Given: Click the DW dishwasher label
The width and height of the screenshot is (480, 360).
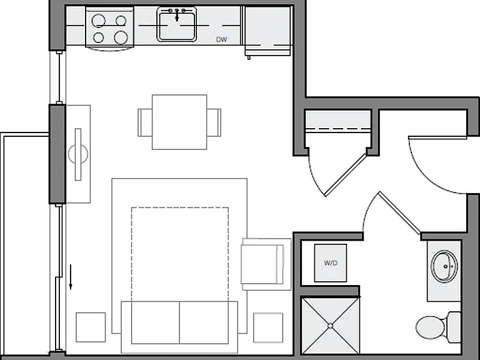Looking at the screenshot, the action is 221,39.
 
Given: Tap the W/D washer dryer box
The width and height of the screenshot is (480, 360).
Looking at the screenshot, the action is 331,263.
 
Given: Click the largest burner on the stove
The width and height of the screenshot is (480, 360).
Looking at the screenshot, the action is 121,37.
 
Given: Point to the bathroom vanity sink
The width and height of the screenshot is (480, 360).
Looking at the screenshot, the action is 444,266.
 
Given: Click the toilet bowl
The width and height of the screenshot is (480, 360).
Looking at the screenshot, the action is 431,327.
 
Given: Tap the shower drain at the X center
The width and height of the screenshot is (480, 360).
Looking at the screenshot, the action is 330,326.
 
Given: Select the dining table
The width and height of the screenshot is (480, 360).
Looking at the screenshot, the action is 179,122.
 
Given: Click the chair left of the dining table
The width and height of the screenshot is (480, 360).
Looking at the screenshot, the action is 145,122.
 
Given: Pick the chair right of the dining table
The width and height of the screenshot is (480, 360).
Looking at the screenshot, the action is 214,122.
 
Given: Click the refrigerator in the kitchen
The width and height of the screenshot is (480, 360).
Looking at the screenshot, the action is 267,31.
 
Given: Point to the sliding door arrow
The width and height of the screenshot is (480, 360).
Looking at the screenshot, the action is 71,277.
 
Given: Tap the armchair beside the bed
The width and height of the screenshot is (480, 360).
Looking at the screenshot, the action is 266,264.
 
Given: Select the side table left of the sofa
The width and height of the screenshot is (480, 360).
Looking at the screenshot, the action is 91,327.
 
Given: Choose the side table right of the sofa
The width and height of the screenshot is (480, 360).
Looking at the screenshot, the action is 268,327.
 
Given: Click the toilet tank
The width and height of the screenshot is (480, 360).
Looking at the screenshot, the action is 454,327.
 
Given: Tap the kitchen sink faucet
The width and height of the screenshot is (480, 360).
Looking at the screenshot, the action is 177,14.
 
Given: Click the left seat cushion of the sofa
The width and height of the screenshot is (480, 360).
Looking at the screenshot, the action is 156,322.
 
